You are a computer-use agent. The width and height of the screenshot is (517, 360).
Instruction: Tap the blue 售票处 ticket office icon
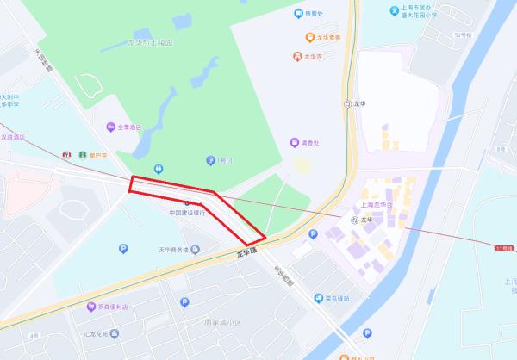(297, 14)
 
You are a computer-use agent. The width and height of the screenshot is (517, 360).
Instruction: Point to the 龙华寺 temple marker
(297, 57)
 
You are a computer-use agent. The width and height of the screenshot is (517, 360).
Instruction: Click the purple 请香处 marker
(294, 142)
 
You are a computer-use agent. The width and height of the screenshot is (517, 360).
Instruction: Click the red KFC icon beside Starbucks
(65, 155)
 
